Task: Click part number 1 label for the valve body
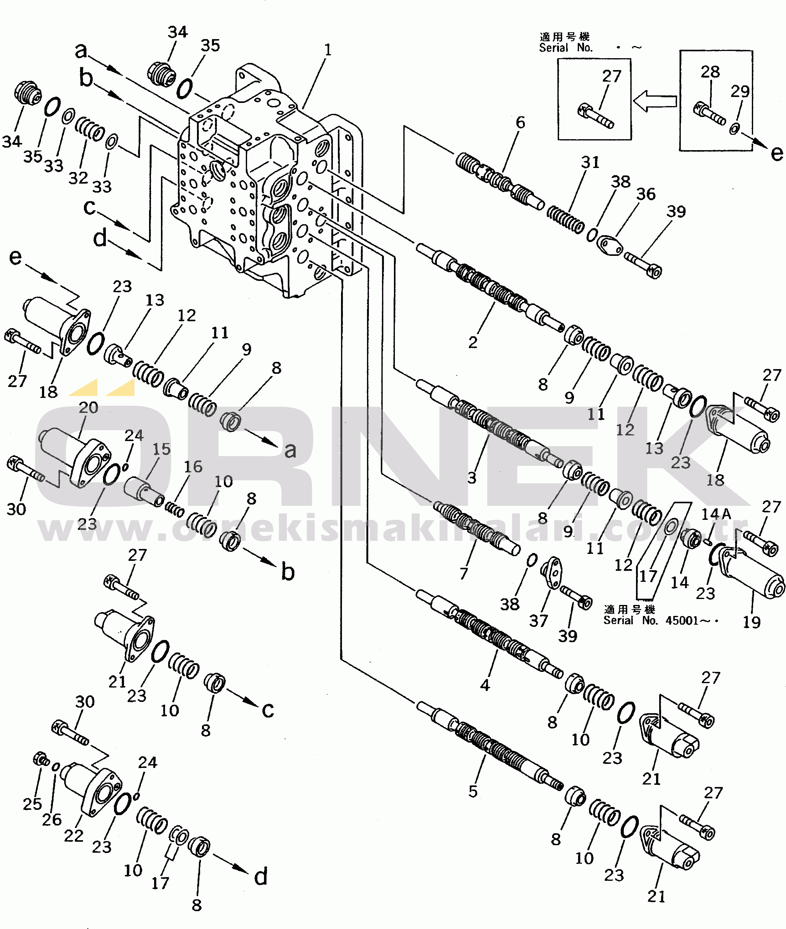click(x=328, y=50)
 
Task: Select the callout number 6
click(x=520, y=123)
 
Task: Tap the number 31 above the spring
click(x=590, y=162)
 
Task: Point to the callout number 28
click(x=710, y=72)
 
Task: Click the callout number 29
click(x=740, y=92)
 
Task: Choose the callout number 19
click(x=751, y=622)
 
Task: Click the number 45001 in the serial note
click(x=681, y=621)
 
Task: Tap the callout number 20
click(x=88, y=407)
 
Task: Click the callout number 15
click(x=161, y=449)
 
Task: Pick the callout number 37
click(x=538, y=621)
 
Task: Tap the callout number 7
click(x=464, y=573)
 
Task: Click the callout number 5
click(x=473, y=791)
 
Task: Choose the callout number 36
click(x=646, y=194)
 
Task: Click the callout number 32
click(x=78, y=178)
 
